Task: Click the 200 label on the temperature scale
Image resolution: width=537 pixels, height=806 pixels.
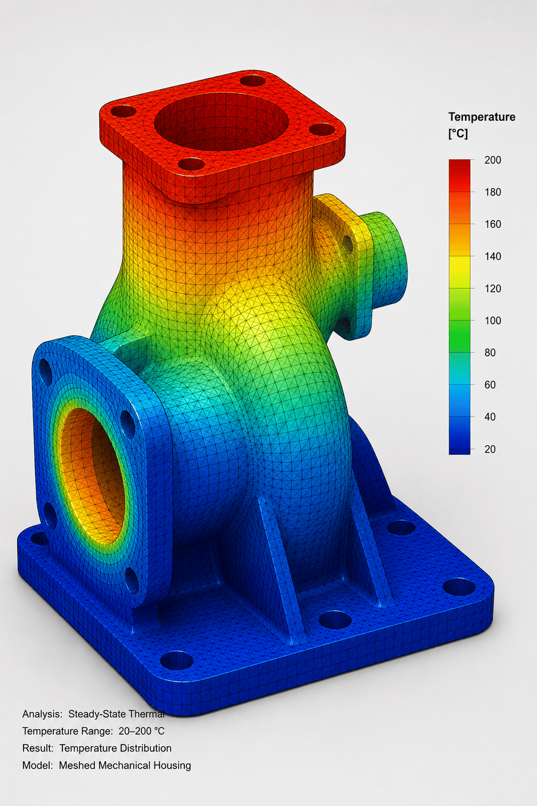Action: click(x=492, y=160)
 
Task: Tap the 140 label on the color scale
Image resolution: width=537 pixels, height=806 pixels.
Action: click(x=492, y=256)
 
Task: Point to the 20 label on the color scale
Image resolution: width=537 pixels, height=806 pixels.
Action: click(x=490, y=449)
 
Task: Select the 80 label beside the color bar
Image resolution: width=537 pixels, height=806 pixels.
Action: click(x=490, y=352)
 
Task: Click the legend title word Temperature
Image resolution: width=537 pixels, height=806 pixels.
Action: click(x=481, y=117)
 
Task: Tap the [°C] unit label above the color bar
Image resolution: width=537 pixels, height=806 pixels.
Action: click(x=458, y=134)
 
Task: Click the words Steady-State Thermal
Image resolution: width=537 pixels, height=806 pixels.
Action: click(x=117, y=714)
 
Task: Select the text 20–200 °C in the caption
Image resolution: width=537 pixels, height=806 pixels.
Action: click(x=141, y=731)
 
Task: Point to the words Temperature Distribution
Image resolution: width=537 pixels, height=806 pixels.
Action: click(x=115, y=748)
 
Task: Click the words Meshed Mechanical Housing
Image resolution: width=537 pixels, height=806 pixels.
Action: click(x=125, y=765)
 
